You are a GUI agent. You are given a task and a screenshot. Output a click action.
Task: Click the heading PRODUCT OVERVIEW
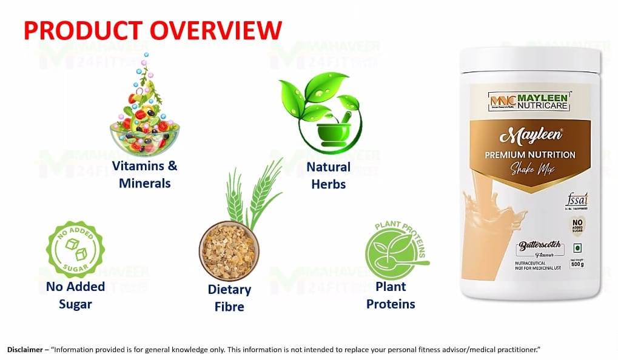coord(153,30)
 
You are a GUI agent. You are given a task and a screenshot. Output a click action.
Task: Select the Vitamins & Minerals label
coord(145,174)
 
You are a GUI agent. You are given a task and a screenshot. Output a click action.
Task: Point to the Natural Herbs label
coord(328,175)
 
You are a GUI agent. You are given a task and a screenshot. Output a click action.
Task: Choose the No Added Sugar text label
coord(75,295)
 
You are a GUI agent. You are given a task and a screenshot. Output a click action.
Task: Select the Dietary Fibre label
coord(229,298)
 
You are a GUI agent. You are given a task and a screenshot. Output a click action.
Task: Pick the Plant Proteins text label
coord(391,295)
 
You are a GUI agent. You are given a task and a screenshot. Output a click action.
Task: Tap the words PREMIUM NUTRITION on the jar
coord(529,155)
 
